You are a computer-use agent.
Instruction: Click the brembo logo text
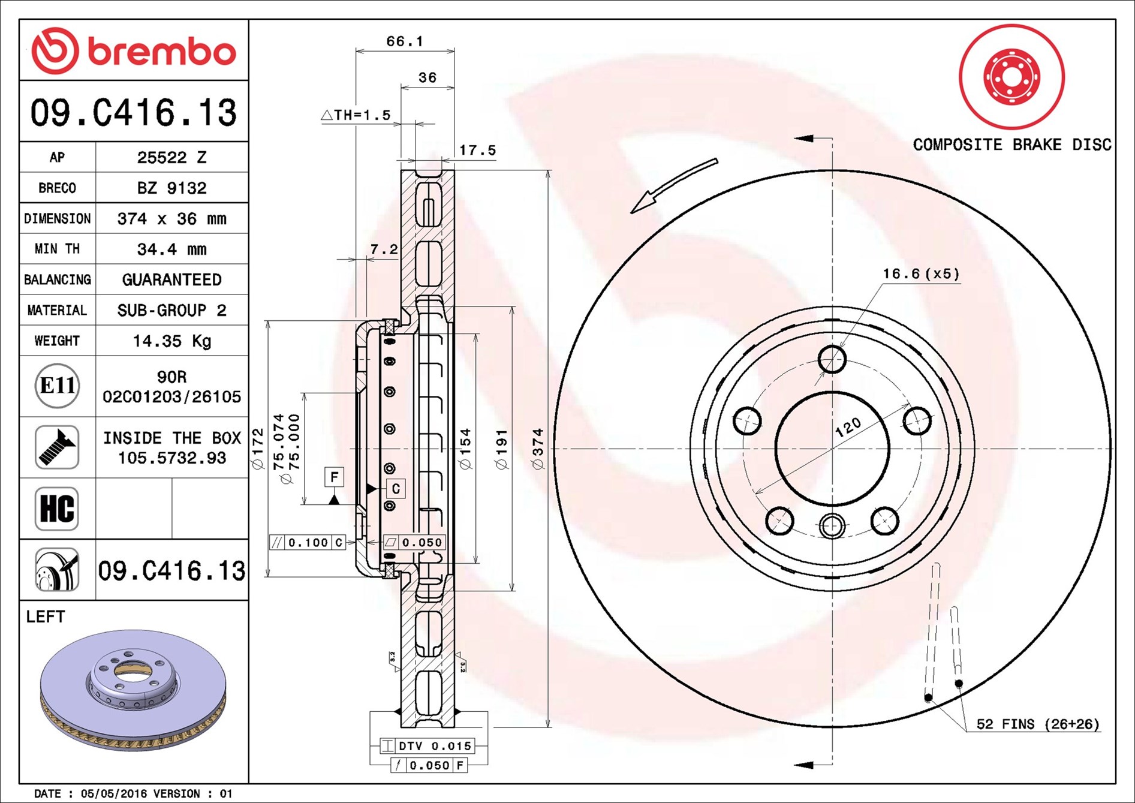coord(162,52)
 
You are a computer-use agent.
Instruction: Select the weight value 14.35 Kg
coord(171,341)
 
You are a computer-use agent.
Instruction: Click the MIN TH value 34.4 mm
coord(171,249)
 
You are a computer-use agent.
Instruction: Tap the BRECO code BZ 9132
coord(171,188)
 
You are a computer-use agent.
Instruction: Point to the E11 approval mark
coord(57,386)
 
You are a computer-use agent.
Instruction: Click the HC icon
coord(57,509)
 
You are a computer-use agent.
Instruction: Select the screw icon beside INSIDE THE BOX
coord(57,447)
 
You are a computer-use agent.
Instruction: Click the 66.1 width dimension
coord(405,41)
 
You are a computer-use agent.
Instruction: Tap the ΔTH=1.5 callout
coord(356,115)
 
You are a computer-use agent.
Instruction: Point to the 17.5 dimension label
coord(477,151)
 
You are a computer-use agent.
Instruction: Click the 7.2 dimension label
coord(384,249)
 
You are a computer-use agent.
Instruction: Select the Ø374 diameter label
coord(538,449)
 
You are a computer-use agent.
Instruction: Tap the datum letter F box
coord(334,477)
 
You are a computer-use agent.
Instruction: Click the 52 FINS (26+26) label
coord(1037,724)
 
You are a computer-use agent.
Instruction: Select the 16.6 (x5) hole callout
coord(920,274)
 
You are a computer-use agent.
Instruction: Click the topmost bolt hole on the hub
coord(832,359)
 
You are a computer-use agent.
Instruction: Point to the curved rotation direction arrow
coord(672,185)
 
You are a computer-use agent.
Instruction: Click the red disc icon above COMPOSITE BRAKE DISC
coord(1011,77)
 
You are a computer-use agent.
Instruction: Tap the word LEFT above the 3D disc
coord(46,616)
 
